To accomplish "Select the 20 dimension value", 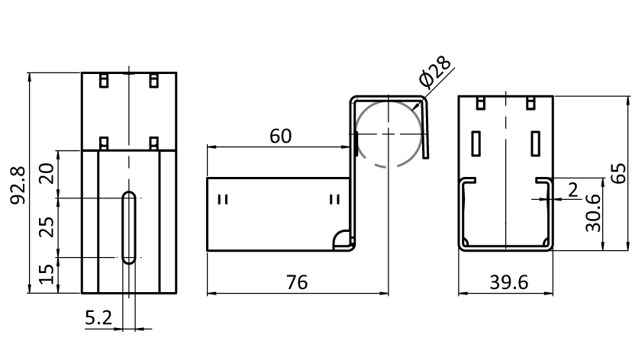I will pos(47,174).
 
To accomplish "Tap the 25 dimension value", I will pos(47,227).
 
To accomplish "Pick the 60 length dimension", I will pos(280,137).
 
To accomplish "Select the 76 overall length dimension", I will pos(297,282).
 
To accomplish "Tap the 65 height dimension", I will pos(620,173).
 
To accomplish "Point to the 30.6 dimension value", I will pos(592,211).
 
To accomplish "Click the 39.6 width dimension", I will pos(505,282).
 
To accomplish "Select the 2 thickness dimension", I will pos(573,189).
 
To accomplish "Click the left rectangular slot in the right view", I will pos(477,143).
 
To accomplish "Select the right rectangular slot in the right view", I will pos(535,143).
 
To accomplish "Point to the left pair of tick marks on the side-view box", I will pos(223,200).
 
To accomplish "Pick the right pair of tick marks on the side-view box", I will pos(334,200).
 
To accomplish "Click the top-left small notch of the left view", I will pos(105,79).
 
